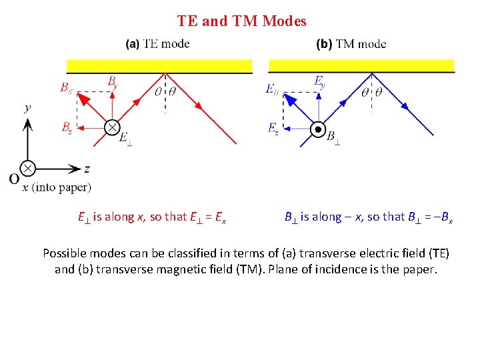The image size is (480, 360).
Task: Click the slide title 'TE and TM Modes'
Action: coord(241,21)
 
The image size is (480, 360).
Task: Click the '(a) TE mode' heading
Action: coord(157,44)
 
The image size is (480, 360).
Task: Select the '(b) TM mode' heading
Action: coord(351,44)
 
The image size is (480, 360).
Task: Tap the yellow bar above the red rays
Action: coord(159,65)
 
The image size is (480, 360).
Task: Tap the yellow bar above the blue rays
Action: coord(361,65)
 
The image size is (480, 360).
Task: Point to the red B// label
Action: coord(67,87)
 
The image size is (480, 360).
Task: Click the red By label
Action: coord(113,81)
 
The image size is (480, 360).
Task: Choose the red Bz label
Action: coord(67,127)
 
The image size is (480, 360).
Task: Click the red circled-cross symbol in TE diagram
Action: coord(112,127)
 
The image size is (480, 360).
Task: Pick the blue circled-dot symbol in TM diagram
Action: coord(319,129)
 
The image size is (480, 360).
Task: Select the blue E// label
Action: coord(272,89)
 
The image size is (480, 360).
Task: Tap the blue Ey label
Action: coord(320,81)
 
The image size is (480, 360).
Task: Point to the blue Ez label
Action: coord(273,128)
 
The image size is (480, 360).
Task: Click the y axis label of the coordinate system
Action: coord(27,107)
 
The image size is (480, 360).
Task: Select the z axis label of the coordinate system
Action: coord(87,169)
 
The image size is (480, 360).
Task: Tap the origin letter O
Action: coord(14,179)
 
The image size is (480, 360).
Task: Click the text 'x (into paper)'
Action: coord(57,188)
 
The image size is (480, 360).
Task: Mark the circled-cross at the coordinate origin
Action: coord(27,168)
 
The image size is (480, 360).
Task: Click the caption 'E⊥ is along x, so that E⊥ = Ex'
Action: coord(151,217)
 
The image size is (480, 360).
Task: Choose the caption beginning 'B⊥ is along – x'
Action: coord(369,217)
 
